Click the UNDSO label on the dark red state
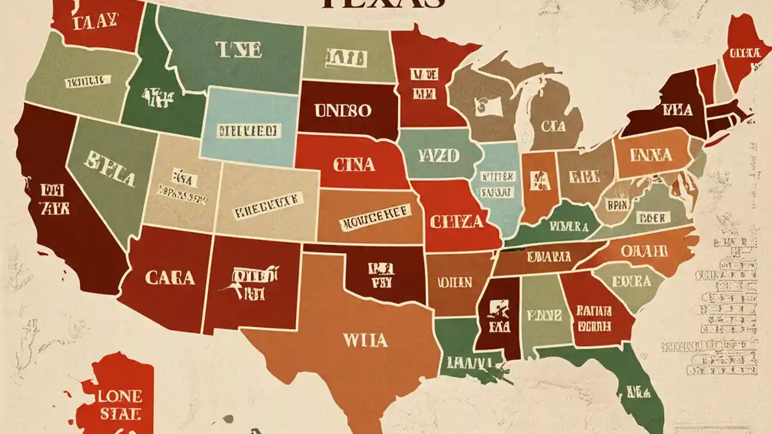343,111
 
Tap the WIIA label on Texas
364,340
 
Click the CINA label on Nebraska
353,164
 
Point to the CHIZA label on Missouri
457,221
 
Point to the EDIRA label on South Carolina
631,281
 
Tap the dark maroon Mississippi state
496,316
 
